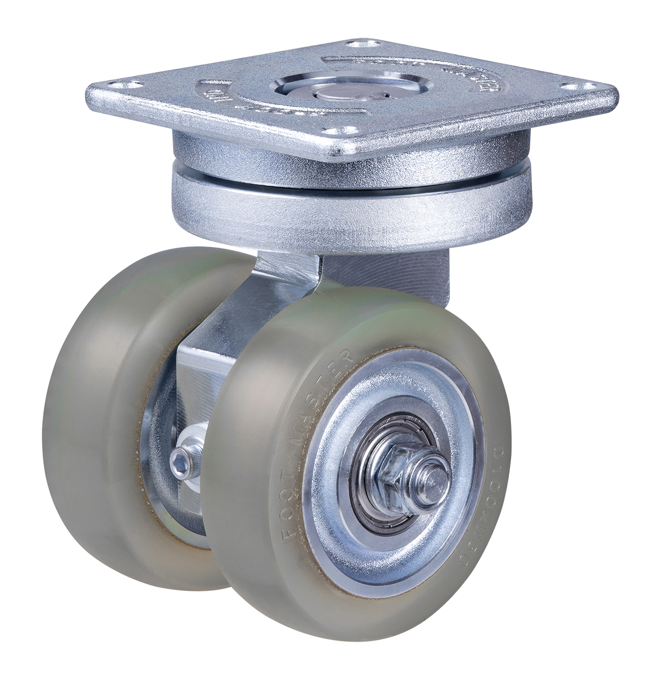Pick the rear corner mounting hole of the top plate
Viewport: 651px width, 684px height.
[x=365, y=42]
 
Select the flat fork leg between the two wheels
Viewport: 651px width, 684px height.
[x=198, y=386]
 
